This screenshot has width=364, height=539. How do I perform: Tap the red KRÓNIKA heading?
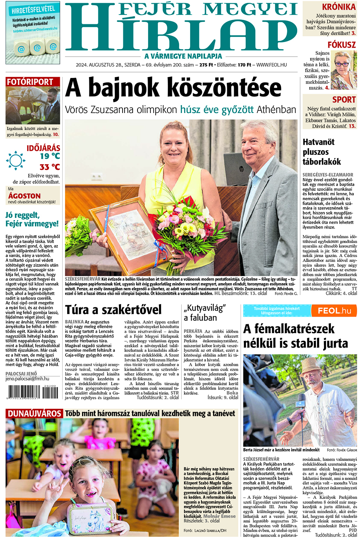coord(339,7)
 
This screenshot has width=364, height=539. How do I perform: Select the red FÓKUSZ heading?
coord(341,45)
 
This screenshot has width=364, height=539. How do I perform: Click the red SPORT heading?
coord(344,99)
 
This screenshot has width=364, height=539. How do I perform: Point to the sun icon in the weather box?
coord(16,161)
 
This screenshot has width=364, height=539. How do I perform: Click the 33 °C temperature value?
coord(49,167)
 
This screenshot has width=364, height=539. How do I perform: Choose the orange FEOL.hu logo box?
coord(334,311)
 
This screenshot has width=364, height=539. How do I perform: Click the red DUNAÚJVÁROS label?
coord(34,414)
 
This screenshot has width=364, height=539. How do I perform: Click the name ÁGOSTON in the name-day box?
coord(24,196)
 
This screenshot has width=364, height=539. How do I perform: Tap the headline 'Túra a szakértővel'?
coord(113,310)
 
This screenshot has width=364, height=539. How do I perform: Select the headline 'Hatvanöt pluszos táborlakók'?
coord(322,152)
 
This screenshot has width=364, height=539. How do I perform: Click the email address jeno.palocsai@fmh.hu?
coord(28,379)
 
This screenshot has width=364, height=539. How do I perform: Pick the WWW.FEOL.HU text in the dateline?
coord(272,65)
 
